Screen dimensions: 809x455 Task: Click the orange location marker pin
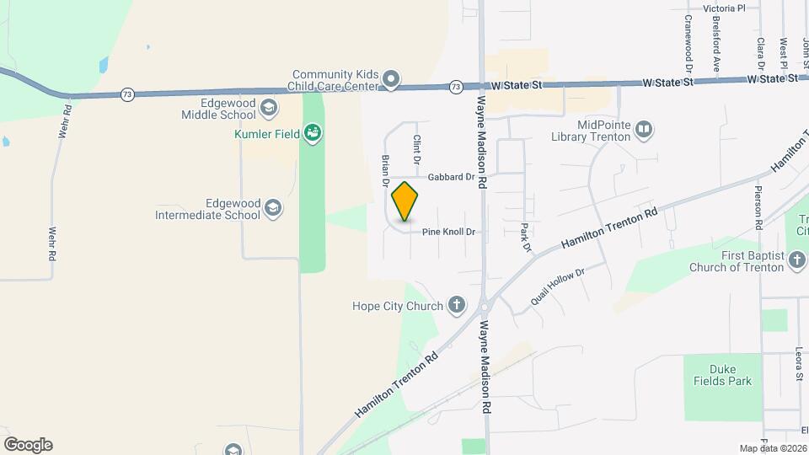pyautogui.click(x=405, y=201)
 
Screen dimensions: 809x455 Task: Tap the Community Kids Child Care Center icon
pyautogui.click(x=391, y=80)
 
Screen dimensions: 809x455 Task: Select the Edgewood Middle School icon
pyautogui.click(x=268, y=107)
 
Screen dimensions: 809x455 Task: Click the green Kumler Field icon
pyautogui.click(x=313, y=132)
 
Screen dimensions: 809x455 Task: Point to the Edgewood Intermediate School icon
pyautogui.click(x=272, y=208)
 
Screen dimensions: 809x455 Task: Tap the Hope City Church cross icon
pyautogui.click(x=456, y=305)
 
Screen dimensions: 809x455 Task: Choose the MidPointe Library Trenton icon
pyautogui.click(x=645, y=129)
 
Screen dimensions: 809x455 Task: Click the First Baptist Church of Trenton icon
pyautogui.click(x=798, y=261)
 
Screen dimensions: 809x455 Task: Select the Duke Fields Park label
pyautogui.click(x=730, y=375)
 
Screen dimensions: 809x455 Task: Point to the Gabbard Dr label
pyautogui.click(x=452, y=177)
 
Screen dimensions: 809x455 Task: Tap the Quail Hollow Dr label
pyautogui.click(x=557, y=287)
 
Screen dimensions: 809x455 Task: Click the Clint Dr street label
pyautogui.click(x=415, y=150)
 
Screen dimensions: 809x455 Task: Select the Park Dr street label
pyautogui.click(x=525, y=237)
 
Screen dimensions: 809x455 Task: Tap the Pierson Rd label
pyautogui.click(x=758, y=207)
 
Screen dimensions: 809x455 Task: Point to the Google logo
pyautogui.click(x=28, y=445)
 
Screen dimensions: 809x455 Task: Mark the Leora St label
pyautogui.click(x=797, y=365)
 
